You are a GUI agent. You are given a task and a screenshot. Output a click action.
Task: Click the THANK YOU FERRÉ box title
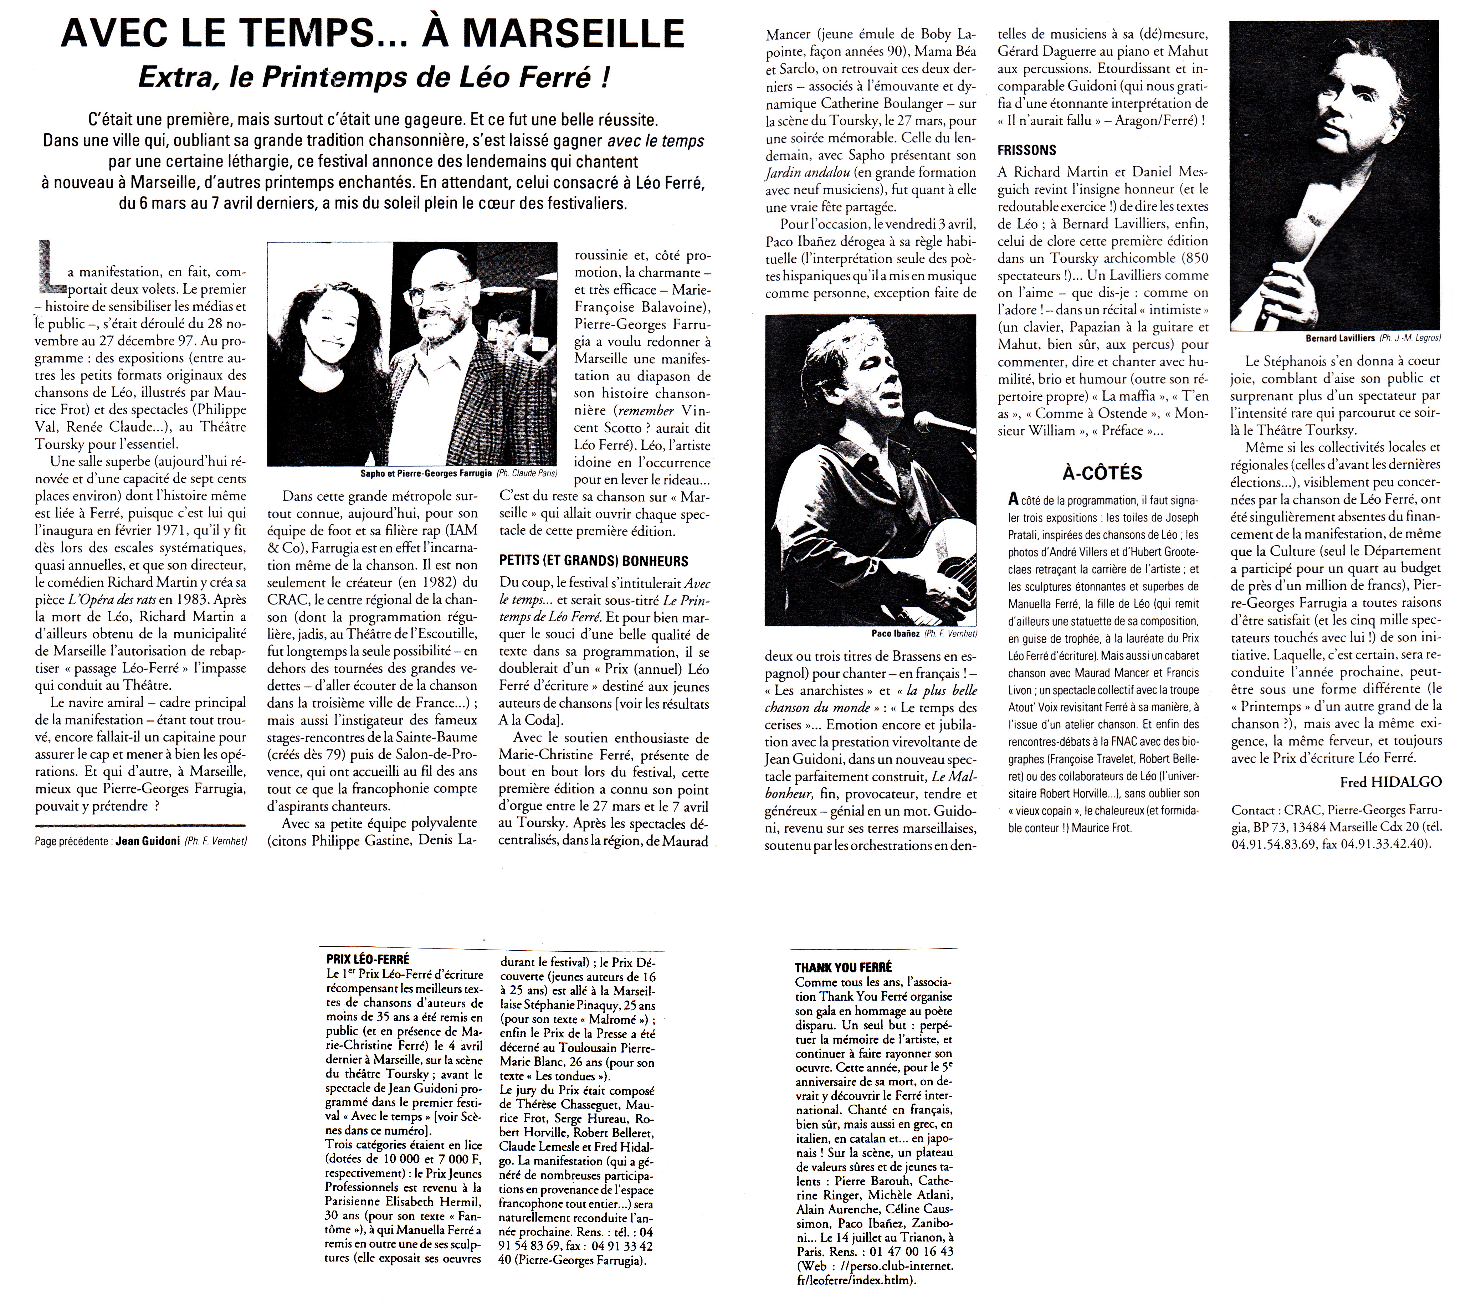pyautogui.click(x=843, y=967)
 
